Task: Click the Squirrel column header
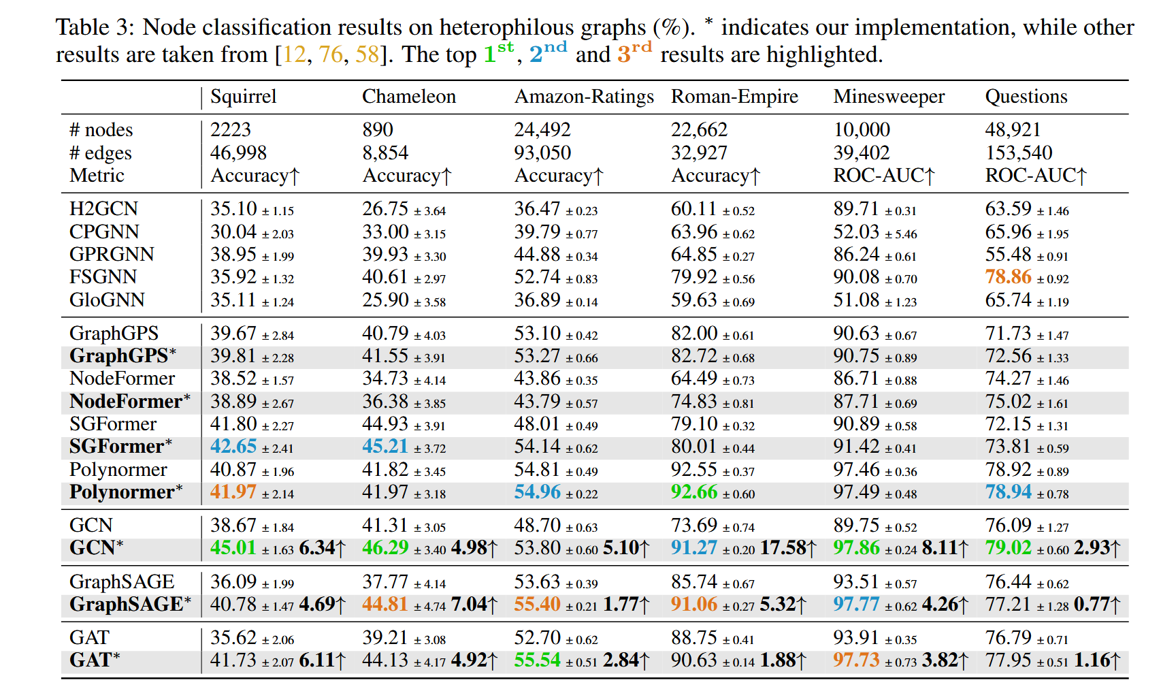tap(243, 97)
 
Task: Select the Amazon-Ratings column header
tap(583, 97)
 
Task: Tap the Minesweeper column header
tap(888, 97)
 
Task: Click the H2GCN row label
tap(103, 208)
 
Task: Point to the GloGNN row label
tap(107, 300)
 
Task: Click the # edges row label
tap(100, 153)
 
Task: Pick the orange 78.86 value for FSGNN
tap(1008, 277)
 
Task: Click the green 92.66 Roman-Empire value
tap(693, 492)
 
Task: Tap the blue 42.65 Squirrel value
tap(233, 447)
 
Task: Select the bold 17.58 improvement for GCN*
tap(783, 548)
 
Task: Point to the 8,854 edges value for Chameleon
tap(385, 153)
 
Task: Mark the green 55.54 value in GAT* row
tap(537, 660)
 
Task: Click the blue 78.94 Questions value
tap(1008, 492)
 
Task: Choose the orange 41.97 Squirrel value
tap(233, 492)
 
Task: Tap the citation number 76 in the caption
tap(331, 54)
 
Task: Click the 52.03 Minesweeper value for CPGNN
tap(856, 231)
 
